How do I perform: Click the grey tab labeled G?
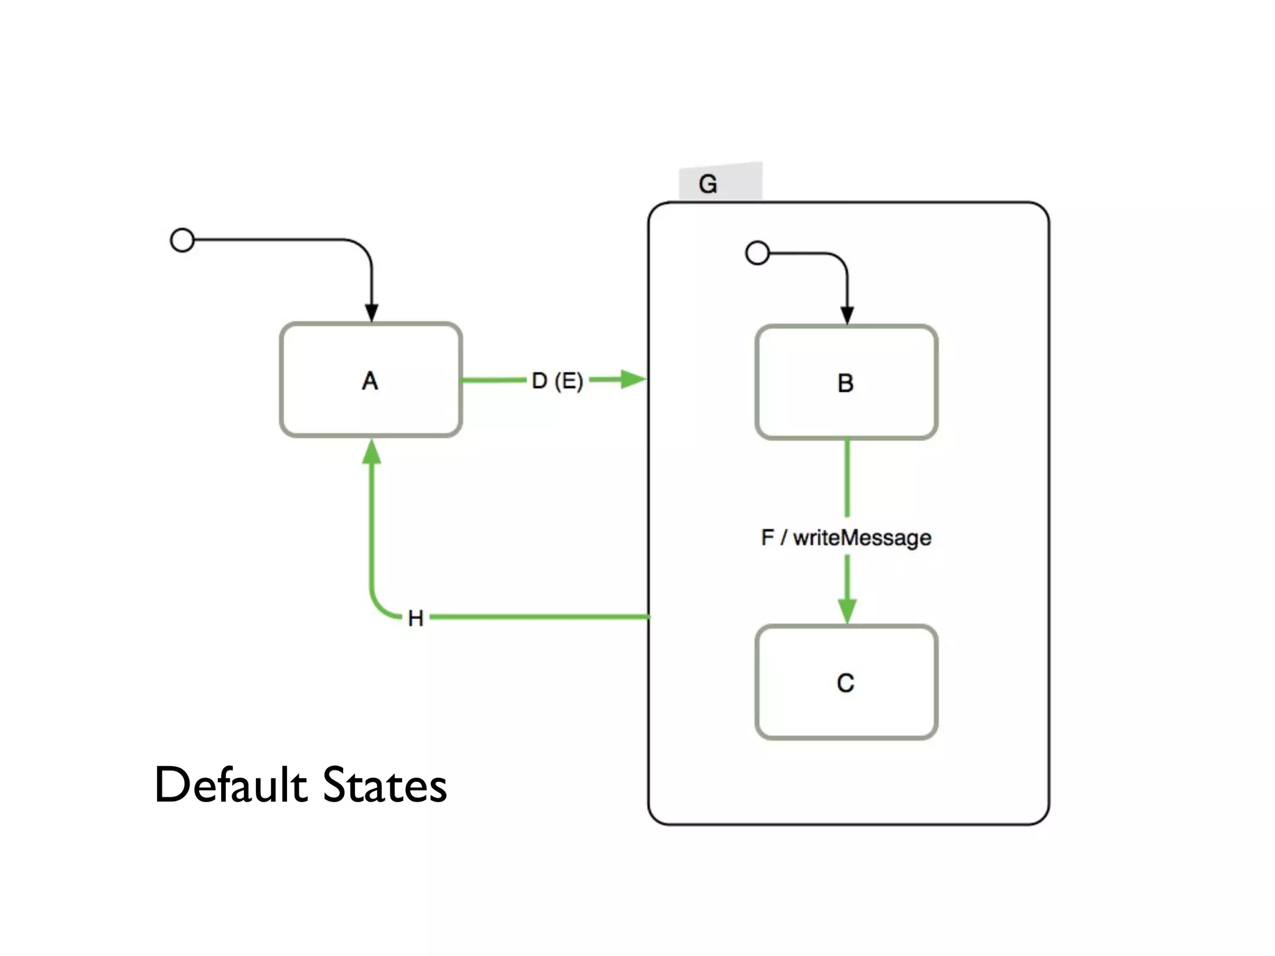coord(720,182)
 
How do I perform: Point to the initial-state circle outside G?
coord(182,240)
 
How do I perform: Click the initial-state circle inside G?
coord(757,253)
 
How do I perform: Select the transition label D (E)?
coord(557,380)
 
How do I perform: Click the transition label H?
coord(415,618)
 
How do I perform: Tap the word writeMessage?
coord(862,537)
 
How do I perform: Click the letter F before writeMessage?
coord(767,537)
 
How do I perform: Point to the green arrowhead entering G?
coord(633,379)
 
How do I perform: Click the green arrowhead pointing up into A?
coord(372,451)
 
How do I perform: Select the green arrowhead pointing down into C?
coord(847,610)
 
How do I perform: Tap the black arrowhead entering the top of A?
coord(372,312)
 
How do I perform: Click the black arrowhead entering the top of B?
coord(847,315)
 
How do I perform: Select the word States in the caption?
coord(385,785)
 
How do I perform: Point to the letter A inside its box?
coord(370,380)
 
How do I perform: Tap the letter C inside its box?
coord(845,683)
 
